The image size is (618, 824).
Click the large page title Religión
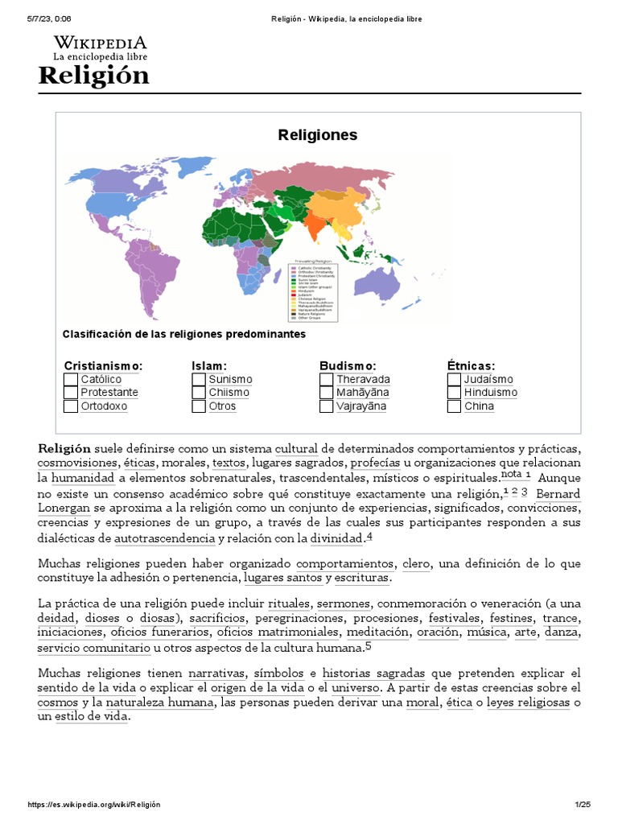pyautogui.click(x=93, y=76)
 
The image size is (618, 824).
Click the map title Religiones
pyautogui.click(x=317, y=134)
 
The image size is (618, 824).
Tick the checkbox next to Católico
pyautogui.click(x=71, y=379)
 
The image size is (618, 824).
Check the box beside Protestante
pyautogui.click(x=71, y=393)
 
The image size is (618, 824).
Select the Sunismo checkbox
pyautogui.click(x=199, y=379)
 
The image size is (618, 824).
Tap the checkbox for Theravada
pyautogui.click(x=326, y=379)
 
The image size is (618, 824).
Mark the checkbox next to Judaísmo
pyautogui.click(x=454, y=379)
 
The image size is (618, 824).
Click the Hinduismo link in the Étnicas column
pyautogui.click(x=490, y=393)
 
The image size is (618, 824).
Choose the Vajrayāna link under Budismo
pyautogui.click(x=361, y=406)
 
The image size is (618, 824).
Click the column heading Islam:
pyautogui.click(x=209, y=365)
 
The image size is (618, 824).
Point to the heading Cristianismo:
pyautogui.click(x=103, y=365)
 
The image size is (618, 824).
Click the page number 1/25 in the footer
pyautogui.click(x=582, y=805)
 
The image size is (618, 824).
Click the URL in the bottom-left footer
pyautogui.click(x=94, y=805)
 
